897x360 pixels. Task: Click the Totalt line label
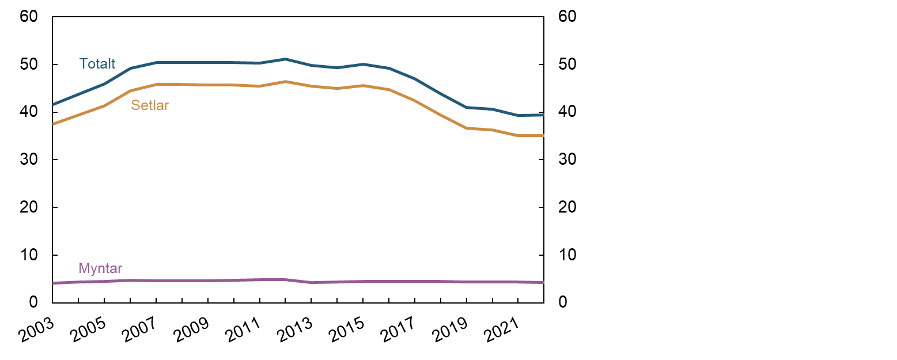coord(97,64)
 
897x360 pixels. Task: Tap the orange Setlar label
coord(150,105)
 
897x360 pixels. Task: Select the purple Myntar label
coord(100,268)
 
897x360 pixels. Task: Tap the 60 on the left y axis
coord(28,17)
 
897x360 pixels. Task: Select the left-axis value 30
coord(28,160)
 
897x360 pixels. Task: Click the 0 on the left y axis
coord(33,302)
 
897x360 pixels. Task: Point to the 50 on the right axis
coord(567,65)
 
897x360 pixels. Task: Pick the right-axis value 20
coord(567,207)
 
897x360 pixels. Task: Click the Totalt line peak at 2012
coord(286,59)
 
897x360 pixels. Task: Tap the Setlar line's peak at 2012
coord(286,82)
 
